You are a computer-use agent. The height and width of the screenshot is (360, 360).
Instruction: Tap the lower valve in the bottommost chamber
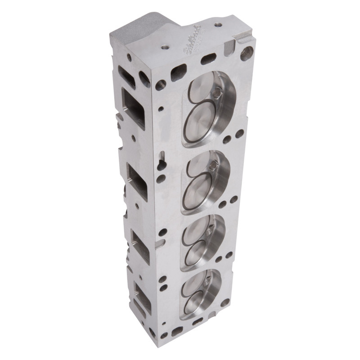(195, 304)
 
